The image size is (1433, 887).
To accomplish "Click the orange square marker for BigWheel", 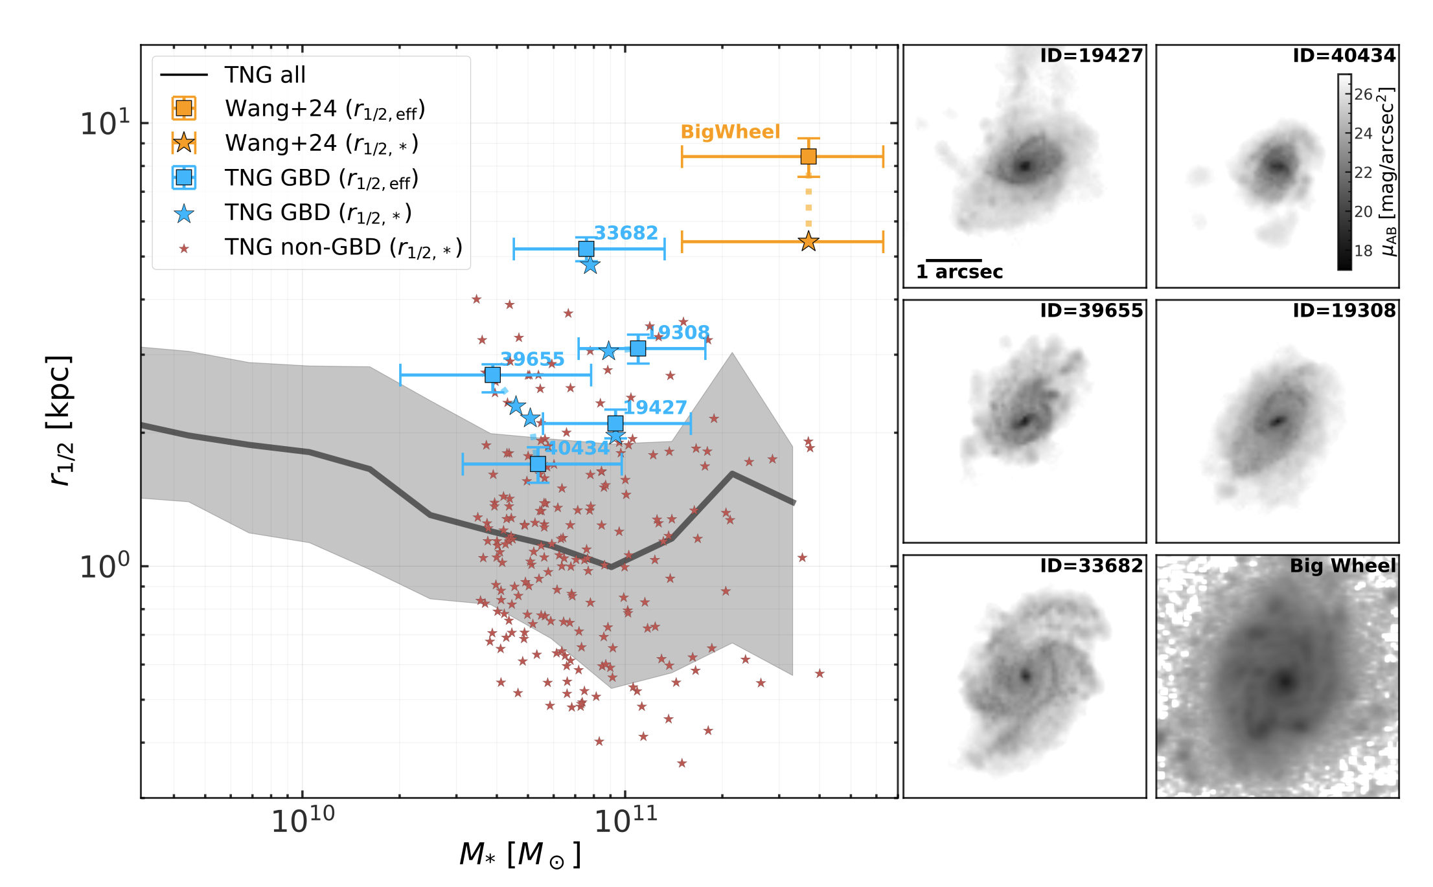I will click(x=808, y=156).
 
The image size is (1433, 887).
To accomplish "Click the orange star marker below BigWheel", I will click(x=808, y=241).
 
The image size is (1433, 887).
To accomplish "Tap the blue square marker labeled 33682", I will click(x=586, y=249).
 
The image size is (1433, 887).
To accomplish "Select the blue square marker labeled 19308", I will click(x=638, y=348).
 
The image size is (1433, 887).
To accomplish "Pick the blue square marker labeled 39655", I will click(x=492, y=375).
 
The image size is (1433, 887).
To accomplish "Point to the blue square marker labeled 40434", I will click(x=538, y=464).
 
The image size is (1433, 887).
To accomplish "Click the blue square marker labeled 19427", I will click(x=615, y=423).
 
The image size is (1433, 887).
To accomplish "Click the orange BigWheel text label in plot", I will click(x=730, y=132).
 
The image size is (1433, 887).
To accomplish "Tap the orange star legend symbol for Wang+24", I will click(x=184, y=143).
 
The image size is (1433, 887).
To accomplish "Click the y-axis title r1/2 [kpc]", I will click(x=60, y=421).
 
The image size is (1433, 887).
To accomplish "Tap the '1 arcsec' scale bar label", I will click(x=959, y=272).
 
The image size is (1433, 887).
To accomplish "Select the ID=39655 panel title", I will click(x=1091, y=311).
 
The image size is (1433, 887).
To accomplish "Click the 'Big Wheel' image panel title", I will click(x=1342, y=566).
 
